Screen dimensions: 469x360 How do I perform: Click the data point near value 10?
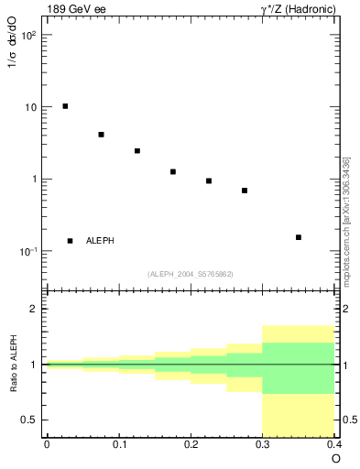tap(65, 106)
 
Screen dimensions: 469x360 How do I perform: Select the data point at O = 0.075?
tap(101, 135)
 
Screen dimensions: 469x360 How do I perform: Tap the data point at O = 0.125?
tap(137, 151)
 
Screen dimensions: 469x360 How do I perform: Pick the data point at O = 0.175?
tap(173, 171)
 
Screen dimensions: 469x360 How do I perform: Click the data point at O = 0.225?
tap(209, 180)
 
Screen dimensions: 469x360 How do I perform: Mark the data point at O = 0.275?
tap(245, 191)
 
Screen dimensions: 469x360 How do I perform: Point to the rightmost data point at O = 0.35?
tap(299, 237)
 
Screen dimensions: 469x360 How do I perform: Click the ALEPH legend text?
tap(100, 241)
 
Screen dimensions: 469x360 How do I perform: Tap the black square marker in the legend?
tap(70, 241)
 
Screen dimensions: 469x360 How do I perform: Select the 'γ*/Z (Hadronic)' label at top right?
tap(299, 8)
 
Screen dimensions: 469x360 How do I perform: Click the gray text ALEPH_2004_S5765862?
tap(190, 274)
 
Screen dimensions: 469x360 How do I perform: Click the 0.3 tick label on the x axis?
tap(262, 445)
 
